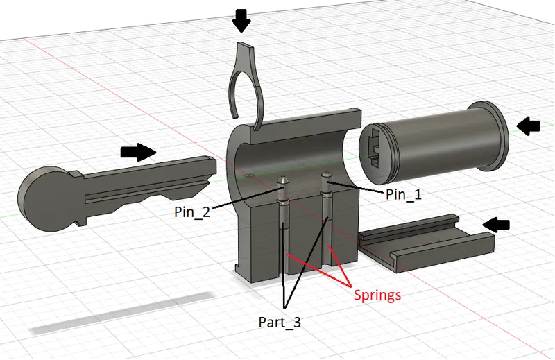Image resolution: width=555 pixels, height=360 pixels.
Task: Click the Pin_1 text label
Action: coord(404,194)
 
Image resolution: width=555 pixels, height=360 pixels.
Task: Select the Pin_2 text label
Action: coord(192,212)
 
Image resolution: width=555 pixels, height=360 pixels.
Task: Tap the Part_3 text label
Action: coord(280,322)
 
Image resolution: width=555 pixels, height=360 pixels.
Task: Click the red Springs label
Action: coord(377,295)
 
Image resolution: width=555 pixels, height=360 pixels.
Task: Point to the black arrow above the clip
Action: coord(241,21)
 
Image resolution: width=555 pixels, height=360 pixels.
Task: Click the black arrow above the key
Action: coord(138,152)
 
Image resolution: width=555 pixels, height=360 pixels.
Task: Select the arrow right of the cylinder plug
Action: coord(528,126)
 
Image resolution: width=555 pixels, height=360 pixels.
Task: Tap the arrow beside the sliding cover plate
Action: coord(496,225)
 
